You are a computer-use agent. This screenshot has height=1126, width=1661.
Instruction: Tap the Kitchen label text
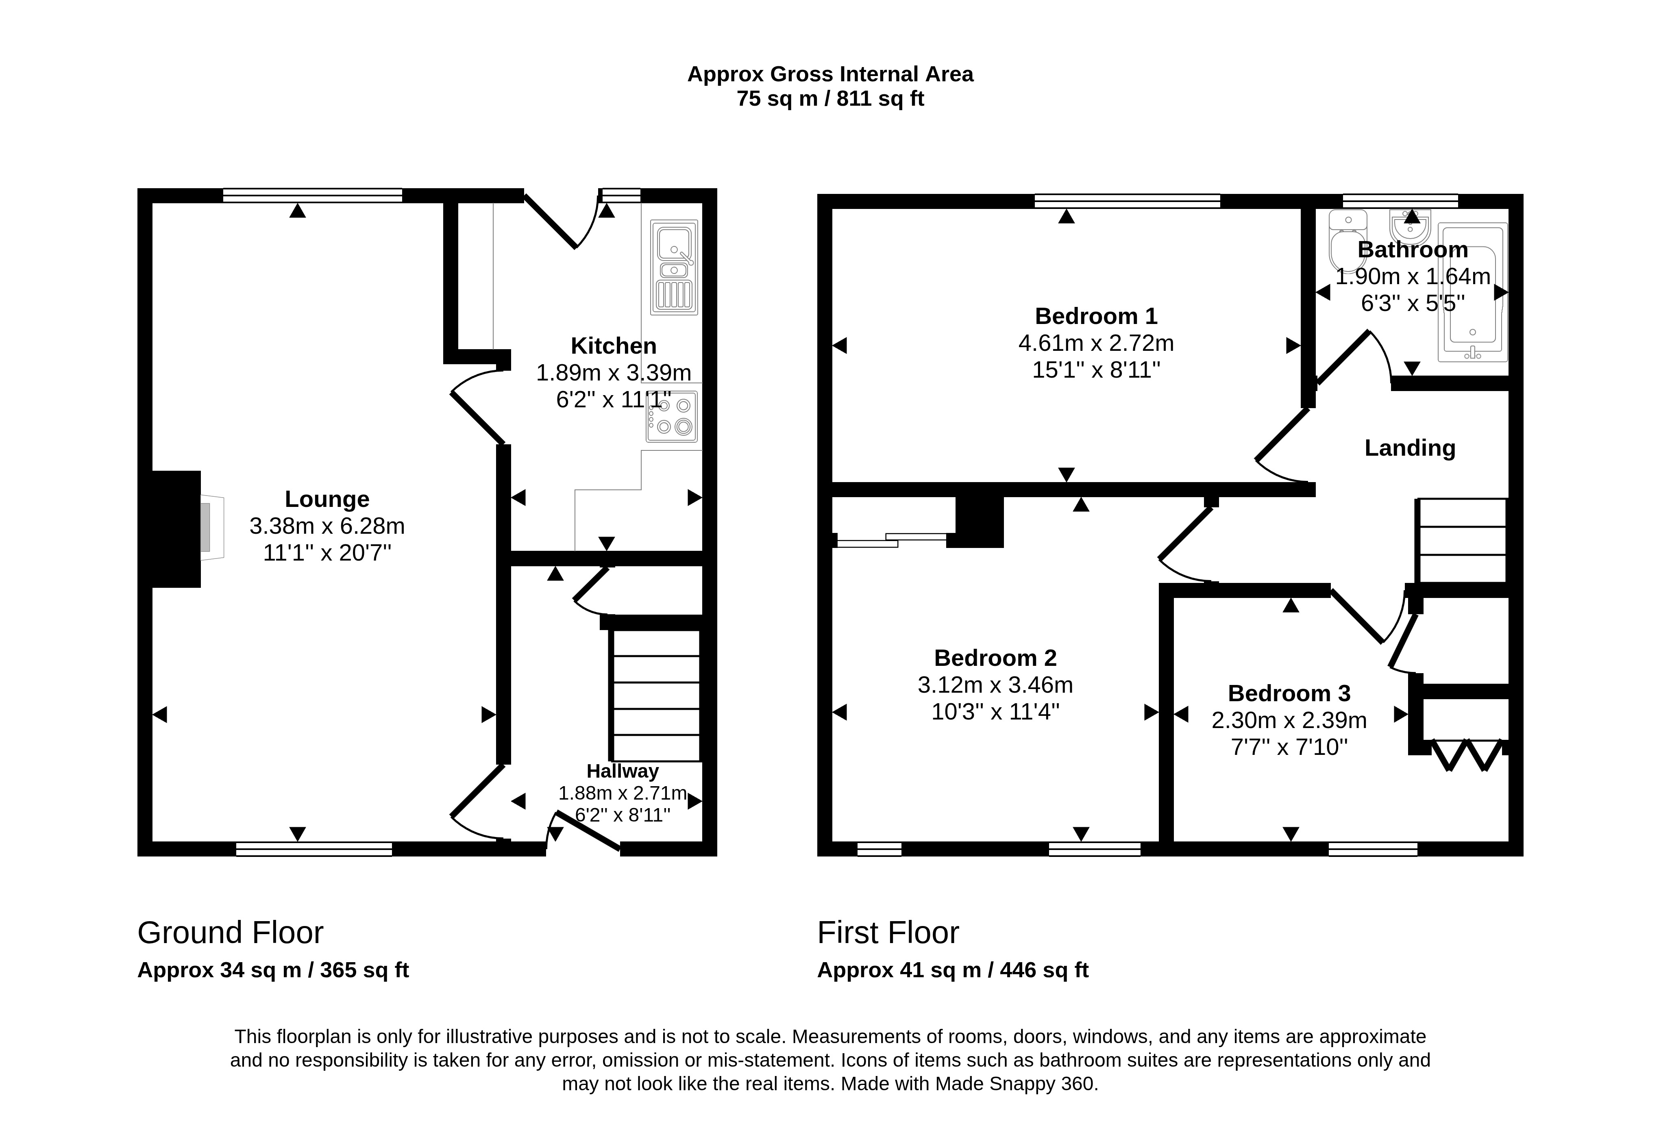(613, 346)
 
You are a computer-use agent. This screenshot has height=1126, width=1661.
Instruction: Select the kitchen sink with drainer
(674, 267)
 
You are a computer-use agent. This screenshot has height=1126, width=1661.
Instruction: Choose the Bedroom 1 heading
(1096, 316)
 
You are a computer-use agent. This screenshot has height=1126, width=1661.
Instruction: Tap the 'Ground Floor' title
(230, 933)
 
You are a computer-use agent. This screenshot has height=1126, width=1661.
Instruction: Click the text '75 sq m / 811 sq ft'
(830, 99)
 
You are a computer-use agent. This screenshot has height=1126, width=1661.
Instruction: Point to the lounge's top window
(312, 195)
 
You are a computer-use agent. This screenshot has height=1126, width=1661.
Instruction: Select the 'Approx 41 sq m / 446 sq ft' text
(953, 970)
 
